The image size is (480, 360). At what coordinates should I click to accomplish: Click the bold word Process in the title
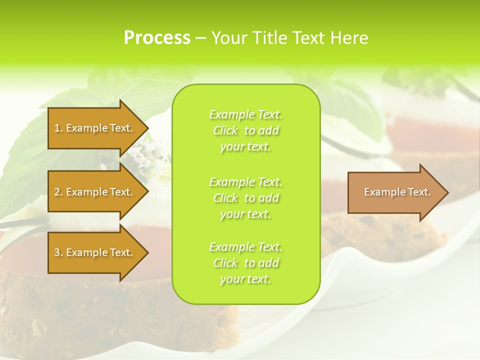coord(157,38)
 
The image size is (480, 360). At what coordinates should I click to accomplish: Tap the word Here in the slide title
coord(349,38)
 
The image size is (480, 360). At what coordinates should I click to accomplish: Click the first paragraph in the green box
coord(245,130)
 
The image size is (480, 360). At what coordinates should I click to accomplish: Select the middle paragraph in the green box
coord(245,198)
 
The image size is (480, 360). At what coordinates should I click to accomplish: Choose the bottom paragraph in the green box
coord(245,263)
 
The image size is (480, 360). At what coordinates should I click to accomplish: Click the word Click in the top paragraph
coord(225,130)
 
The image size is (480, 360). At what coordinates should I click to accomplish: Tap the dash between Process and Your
coord(201,38)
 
